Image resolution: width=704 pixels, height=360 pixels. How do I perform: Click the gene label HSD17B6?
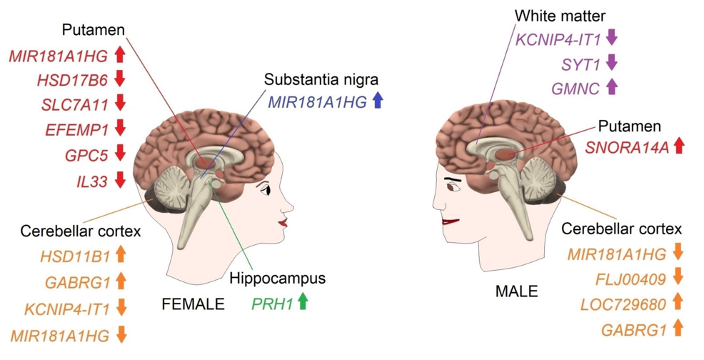click(72, 80)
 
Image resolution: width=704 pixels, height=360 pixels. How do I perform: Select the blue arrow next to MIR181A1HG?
click(378, 101)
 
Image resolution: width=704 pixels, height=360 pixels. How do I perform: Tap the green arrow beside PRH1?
click(303, 301)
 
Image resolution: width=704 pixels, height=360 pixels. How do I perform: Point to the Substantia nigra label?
click(321, 80)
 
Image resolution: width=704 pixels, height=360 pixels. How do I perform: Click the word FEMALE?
click(193, 304)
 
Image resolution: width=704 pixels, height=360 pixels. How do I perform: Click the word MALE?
click(516, 291)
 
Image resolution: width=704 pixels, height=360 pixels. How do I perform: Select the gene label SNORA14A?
click(627, 147)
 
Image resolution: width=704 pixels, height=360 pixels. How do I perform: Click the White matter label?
click(560, 16)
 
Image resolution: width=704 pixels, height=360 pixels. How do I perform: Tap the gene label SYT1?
click(580, 65)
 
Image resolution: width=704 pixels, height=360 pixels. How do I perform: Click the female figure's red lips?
click(283, 222)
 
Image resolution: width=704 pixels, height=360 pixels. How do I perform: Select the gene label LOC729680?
click(623, 305)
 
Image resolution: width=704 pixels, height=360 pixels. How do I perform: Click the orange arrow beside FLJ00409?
click(678, 276)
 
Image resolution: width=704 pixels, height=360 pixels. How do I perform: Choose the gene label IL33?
click(92, 181)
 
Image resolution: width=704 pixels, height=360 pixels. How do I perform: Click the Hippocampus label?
click(278, 278)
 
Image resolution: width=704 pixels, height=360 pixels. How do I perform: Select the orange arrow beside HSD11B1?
click(121, 255)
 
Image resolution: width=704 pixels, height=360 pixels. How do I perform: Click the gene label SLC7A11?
click(75, 105)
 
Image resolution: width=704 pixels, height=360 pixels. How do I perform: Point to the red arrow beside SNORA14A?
click(678, 146)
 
